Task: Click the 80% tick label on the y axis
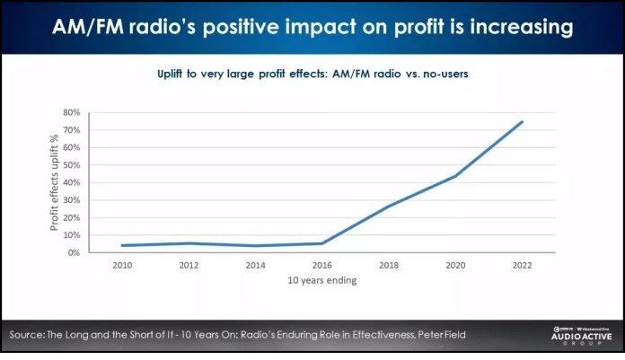[x=70, y=113]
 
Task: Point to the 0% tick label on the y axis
[x=72, y=253]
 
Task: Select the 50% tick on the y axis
[x=70, y=165]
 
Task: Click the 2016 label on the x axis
[x=321, y=266]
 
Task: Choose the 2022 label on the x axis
[x=523, y=266]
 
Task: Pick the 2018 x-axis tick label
[x=389, y=266]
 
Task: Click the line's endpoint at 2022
[x=523, y=122]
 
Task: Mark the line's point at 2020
[x=455, y=176]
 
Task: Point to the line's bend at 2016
[x=321, y=243]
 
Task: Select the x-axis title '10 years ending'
[x=321, y=281]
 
